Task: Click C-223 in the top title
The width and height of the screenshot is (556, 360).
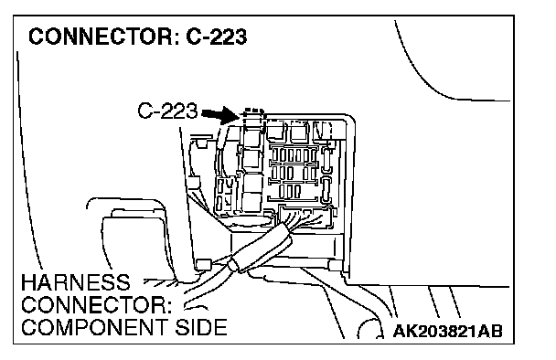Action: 217,37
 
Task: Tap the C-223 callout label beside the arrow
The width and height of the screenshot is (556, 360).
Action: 167,111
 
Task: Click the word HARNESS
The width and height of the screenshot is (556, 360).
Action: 76,282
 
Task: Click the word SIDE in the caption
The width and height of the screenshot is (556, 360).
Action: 201,327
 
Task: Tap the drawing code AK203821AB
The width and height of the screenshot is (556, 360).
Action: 448,332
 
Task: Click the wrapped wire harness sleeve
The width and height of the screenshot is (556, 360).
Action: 262,249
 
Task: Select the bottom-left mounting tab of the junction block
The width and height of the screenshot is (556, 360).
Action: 203,264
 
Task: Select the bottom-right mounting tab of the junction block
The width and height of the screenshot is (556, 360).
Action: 335,265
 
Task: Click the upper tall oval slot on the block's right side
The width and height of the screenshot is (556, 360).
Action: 326,161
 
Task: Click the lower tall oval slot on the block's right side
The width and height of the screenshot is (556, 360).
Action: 326,190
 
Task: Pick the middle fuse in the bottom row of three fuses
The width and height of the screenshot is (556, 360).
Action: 290,191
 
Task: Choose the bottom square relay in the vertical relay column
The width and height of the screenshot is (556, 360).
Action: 252,202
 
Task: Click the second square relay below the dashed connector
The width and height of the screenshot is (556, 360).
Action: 252,159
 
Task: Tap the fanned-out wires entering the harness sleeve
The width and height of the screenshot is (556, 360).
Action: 304,218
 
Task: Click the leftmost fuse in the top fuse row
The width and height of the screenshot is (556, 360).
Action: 275,154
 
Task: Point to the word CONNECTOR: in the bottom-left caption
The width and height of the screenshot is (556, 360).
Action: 96,305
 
